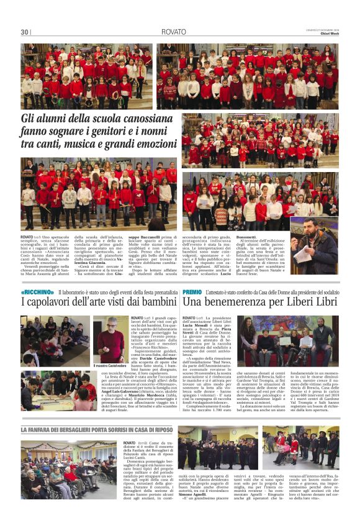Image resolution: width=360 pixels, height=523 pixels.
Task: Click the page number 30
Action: click(x=24, y=32)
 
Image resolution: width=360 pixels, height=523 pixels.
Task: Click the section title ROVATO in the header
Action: click(x=173, y=31)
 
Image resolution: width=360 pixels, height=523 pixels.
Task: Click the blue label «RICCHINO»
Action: click(x=37, y=291)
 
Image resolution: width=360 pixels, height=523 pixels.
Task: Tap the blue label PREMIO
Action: click(x=192, y=291)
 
